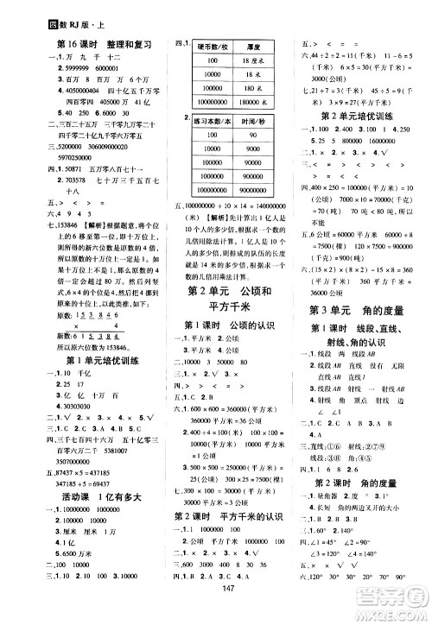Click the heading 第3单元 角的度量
(x=350, y=311)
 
